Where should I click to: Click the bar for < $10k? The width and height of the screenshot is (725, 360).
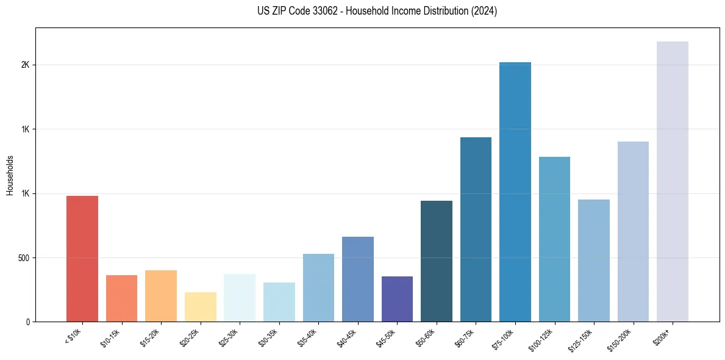[x=82, y=259]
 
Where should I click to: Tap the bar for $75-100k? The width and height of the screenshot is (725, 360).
[x=515, y=192]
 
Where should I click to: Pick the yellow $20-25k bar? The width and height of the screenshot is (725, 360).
[x=200, y=307]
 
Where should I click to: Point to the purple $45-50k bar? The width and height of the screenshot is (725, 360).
[x=397, y=299]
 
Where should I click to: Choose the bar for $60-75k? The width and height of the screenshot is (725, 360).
[x=476, y=229]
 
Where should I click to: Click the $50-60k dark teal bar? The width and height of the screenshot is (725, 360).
[x=437, y=261]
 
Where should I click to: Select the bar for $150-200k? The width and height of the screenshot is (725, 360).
[x=633, y=232]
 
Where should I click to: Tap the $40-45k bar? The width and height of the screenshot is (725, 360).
[x=358, y=279]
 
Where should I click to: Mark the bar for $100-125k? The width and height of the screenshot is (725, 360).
[x=554, y=239]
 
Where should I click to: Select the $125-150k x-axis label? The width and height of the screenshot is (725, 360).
[x=582, y=339]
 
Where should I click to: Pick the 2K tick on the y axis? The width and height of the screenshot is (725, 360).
[x=25, y=65]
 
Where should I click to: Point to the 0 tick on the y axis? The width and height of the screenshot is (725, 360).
[x=27, y=322]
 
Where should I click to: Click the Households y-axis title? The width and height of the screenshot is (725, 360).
[x=10, y=175]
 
